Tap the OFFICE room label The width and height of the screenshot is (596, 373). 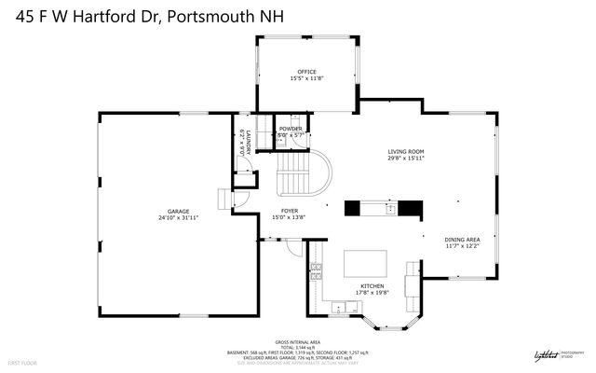coord(306,72)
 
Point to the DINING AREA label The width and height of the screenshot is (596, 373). coord(462,240)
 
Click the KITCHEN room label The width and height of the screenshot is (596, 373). coord(372,285)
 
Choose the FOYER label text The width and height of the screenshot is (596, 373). coord(291,211)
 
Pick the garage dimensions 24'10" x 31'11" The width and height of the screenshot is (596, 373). coord(178,218)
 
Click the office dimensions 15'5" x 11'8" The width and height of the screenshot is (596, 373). coord(306,79)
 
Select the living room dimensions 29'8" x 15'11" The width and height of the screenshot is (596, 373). coord(406,159)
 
